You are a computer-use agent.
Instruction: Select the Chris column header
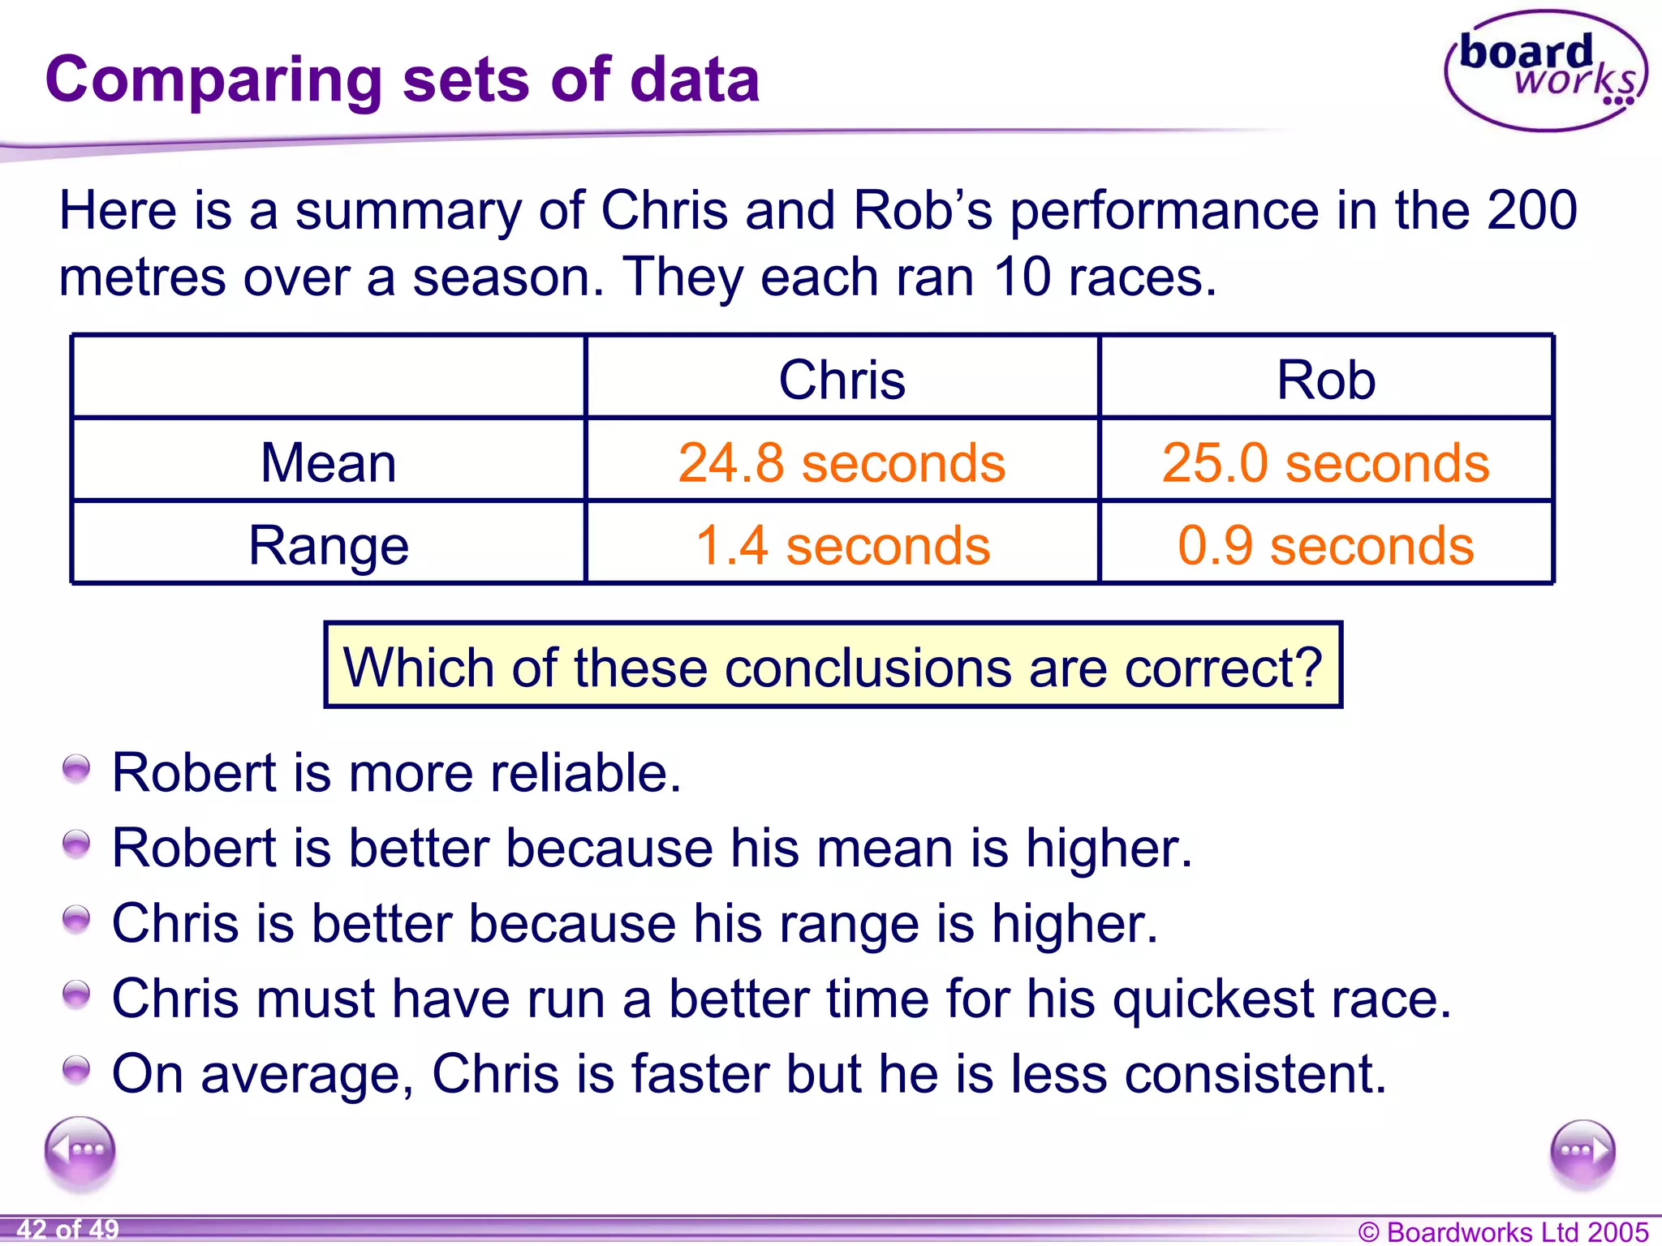click(x=842, y=380)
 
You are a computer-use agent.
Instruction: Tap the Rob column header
click(x=1326, y=380)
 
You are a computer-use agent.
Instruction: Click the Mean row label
click(x=329, y=462)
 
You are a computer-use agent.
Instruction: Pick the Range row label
click(x=329, y=545)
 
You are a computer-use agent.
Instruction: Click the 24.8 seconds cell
click(x=842, y=462)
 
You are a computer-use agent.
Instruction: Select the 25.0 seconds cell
click(x=1326, y=462)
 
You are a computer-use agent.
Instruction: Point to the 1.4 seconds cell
click(x=842, y=545)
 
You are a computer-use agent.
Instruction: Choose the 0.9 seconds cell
click(x=1326, y=545)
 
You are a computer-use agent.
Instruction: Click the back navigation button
click(x=80, y=1152)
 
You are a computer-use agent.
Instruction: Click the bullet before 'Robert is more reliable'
click(x=76, y=769)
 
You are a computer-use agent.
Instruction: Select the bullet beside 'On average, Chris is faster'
click(x=76, y=1070)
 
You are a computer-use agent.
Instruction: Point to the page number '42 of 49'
click(x=67, y=1230)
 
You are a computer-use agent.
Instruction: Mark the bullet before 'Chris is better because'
click(x=76, y=920)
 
